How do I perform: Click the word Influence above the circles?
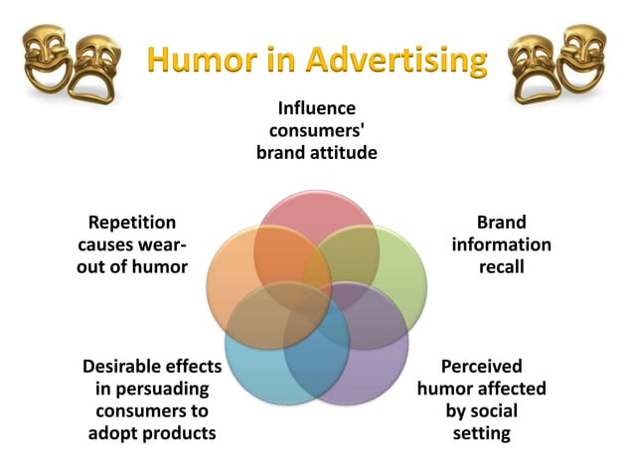[x=316, y=107]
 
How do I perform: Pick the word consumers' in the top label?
[x=316, y=130]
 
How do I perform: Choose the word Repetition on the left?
[x=131, y=223]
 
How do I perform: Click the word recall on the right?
[x=501, y=266]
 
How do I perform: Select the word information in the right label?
[x=501, y=244]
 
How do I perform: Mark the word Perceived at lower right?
[x=481, y=366]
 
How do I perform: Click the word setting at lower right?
[x=481, y=433]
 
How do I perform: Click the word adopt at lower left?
[x=110, y=433]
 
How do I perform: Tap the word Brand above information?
[x=501, y=223]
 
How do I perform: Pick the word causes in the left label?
[x=105, y=244]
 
